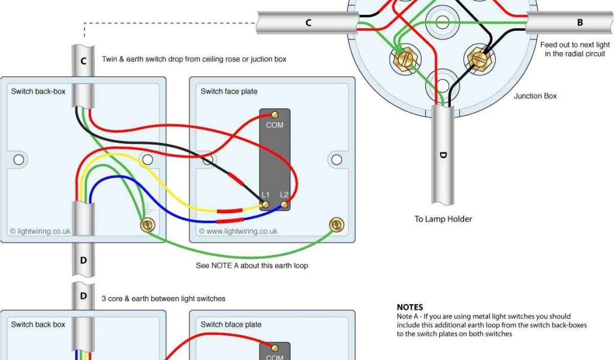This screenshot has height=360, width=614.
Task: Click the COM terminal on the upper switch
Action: tap(275, 115)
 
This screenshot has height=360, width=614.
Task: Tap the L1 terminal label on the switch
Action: tap(266, 196)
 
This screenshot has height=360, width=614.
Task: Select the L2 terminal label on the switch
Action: tap(284, 196)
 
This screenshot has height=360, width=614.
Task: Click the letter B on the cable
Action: tap(580, 23)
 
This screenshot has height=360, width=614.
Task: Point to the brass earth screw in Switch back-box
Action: tap(146, 225)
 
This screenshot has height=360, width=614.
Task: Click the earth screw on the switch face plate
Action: tap(336, 225)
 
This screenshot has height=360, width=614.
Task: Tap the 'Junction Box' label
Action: tap(535, 96)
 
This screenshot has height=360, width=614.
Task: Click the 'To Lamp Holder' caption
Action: tap(443, 219)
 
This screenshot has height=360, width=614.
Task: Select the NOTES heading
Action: tap(410, 307)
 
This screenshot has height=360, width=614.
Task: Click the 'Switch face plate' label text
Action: tap(229, 91)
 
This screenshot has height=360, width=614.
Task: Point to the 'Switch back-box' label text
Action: tap(38, 91)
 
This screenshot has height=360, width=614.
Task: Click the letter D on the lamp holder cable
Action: tap(443, 155)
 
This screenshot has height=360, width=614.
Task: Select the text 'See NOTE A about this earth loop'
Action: tap(252, 265)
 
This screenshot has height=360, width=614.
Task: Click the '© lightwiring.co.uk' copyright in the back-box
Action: tap(40, 231)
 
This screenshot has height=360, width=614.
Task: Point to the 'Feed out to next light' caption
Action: tap(575, 45)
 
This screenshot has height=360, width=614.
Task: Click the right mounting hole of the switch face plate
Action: tap(336, 160)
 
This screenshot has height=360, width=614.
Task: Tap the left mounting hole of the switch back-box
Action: tap(19, 160)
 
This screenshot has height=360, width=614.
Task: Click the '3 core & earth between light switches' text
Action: tap(168, 298)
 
